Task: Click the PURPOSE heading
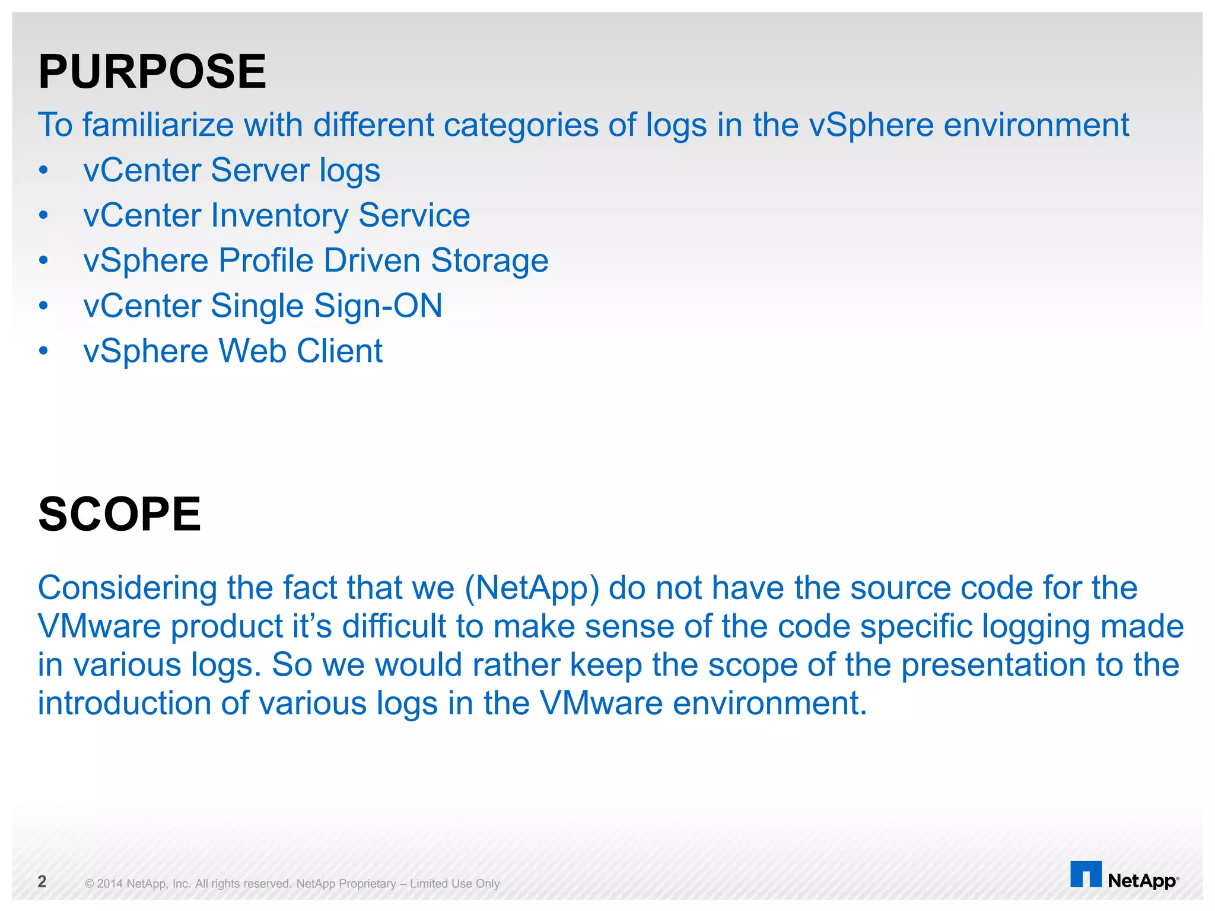[x=152, y=72]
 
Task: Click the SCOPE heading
[x=119, y=514]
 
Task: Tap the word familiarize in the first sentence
[x=158, y=125]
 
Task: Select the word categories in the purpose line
[x=521, y=125]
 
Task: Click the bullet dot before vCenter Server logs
[x=43, y=171]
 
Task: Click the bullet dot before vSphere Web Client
[x=43, y=351]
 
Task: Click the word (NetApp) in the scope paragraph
[x=532, y=588]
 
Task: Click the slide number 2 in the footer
[x=42, y=881]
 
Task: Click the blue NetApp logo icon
[x=1086, y=874]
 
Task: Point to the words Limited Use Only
[x=454, y=884]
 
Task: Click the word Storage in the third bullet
[x=489, y=260]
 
